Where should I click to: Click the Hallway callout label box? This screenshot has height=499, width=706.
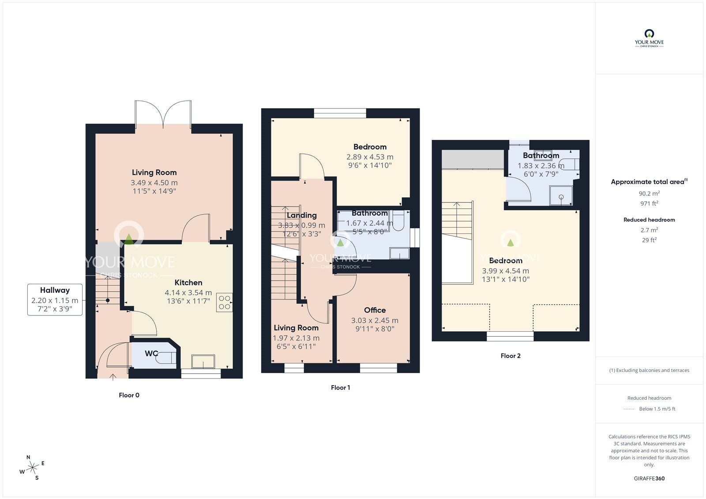(55, 300)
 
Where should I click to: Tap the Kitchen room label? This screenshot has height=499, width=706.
(188, 282)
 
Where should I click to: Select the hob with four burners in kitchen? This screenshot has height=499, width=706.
(224, 303)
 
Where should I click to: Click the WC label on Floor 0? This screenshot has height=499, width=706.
(151, 353)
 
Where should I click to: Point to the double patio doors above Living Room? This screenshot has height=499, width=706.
(163, 113)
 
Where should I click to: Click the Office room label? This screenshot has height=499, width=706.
(375, 310)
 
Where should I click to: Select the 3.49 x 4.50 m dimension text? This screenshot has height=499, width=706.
(154, 183)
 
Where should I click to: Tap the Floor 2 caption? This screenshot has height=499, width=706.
(511, 356)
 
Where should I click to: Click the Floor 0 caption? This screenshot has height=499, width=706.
(129, 395)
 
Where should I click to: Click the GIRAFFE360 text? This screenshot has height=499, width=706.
(649, 478)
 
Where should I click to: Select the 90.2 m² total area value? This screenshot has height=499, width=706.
(649, 193)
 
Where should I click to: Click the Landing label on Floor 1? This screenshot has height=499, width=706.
(301, 215)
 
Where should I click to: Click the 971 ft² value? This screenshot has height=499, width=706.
(649, 203)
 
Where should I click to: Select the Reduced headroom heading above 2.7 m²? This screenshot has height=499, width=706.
(649, 219)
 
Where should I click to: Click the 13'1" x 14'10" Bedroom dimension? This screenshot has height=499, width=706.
(506, 279)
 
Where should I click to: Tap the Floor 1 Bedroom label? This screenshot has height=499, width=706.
(370, 147)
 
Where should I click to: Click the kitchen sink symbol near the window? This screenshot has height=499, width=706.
(203, 361)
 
